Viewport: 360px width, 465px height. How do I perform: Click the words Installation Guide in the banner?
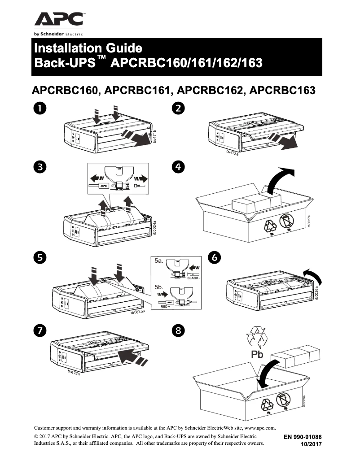(x=88, y=48)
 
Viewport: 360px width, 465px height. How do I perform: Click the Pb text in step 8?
(x=253, y=356)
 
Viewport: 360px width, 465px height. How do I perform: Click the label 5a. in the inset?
(x=159, y=261)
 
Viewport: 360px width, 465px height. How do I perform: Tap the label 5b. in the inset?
(x=159, y=287)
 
